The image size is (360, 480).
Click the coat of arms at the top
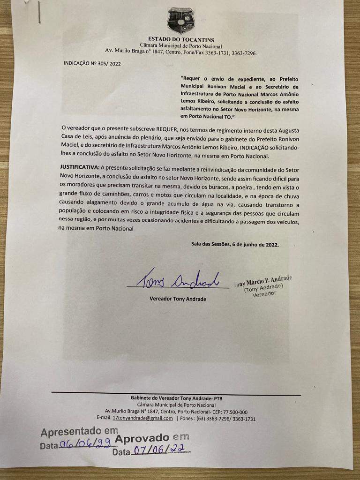pos(180,20)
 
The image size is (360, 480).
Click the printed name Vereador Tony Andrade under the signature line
pos(178,299)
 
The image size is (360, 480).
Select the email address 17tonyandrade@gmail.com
pos(142,418)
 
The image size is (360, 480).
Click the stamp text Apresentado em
pos(79,431)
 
